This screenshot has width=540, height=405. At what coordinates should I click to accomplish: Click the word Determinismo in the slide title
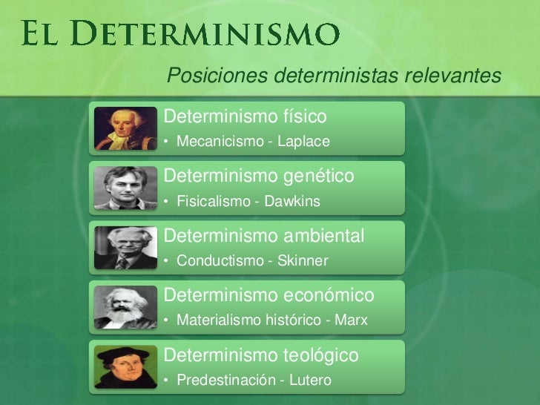208,33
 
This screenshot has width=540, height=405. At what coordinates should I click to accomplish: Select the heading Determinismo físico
245,116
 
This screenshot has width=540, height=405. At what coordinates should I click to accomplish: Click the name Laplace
303,141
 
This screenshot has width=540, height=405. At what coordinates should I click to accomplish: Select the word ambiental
325,236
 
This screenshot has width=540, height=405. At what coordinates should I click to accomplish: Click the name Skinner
302,261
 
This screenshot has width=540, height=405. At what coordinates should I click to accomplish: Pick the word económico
329,296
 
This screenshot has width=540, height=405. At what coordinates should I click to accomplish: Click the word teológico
321,355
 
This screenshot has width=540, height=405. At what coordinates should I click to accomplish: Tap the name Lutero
312,381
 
